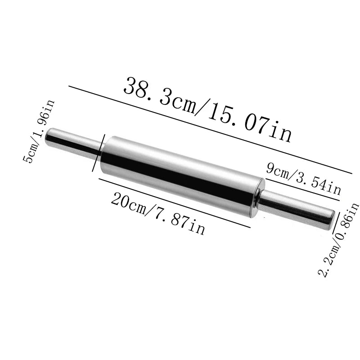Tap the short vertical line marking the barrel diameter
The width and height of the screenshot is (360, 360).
pos(98,153)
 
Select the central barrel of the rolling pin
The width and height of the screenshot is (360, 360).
pos(180,175)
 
